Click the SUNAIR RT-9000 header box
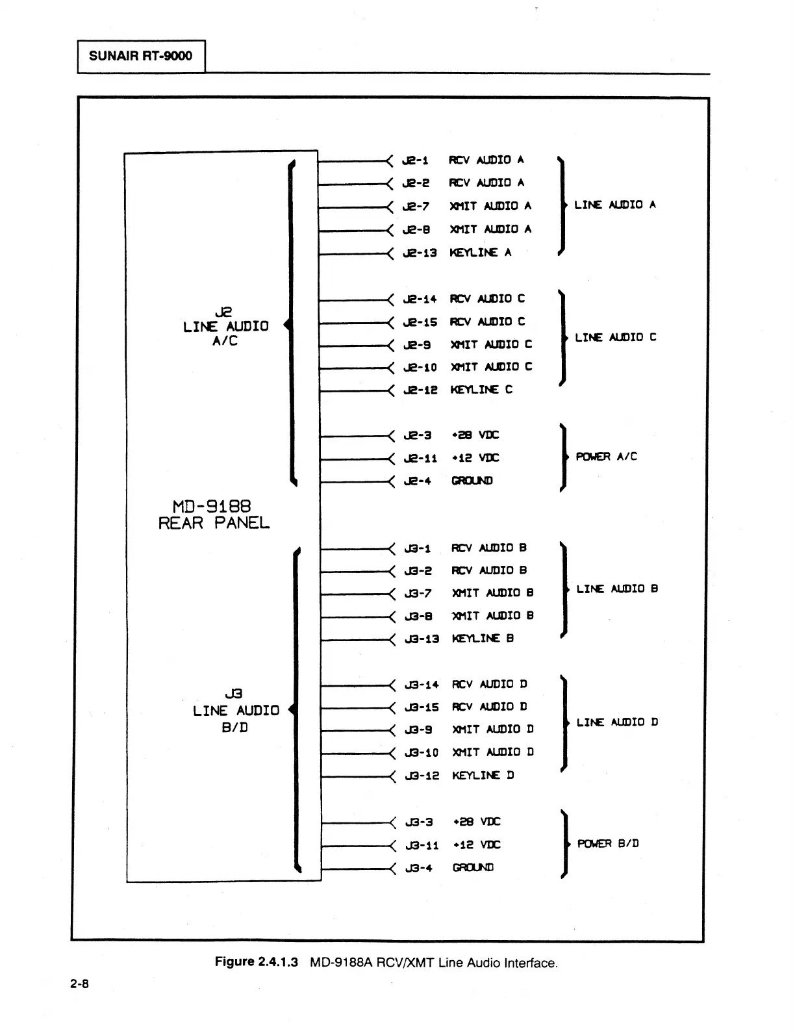pyautogui.click(x=141, y=56)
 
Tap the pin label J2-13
pyautogui.click(x=420, y=253)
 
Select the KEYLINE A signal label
pyautogui.click(x=481, y=253)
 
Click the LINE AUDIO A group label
pyautogui.click(x=615, y=205)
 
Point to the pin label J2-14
pyautogui.click(x=420, y=299)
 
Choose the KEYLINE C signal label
pyautogui.click(x=481, y=390)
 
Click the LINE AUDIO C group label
pyautogui.click(x=616, y=338)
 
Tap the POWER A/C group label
pyautogui.click(x=607, y=457)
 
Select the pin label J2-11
pyautogui.click(x=420, y=459)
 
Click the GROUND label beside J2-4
pyautogui.click(x=472, y=481)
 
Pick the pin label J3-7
pyautogui.click(x=418, y=594)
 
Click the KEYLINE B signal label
pyautogui.click(x=483, y=639)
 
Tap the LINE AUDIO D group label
pyautogui.click(x=617, y=722)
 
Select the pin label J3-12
pyautogui.click(x=422, y=776)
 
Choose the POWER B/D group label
pyautogui.click(x=608, y=844)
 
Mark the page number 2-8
pyautogui.click(x=80, y=984)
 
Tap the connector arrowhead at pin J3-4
pyautogui.click(x=392, y=868)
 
